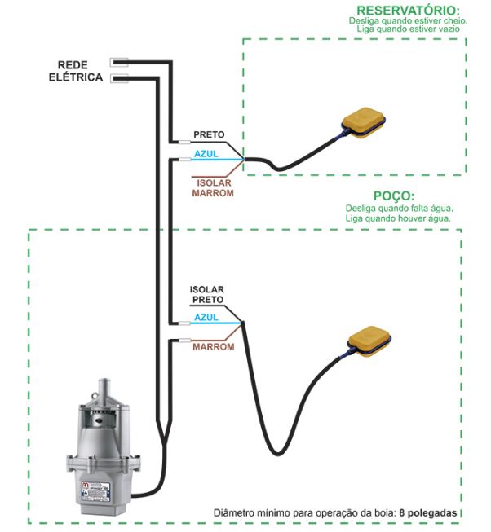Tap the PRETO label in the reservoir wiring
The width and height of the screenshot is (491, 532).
[208, 134]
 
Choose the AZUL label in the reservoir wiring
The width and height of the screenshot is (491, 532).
[206, 153]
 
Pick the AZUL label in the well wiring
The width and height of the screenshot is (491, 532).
[206, 317]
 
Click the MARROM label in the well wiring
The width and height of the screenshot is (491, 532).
[213, 346]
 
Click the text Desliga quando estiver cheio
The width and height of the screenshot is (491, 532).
[405, 20]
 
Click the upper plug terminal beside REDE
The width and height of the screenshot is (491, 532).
[119, 61]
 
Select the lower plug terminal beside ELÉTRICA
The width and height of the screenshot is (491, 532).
[119, 78]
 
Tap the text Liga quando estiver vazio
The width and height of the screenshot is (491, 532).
[409, 29]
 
